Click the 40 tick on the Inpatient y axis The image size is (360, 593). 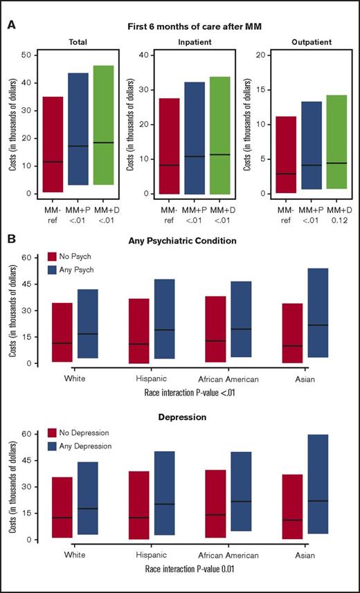pos(138,55)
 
